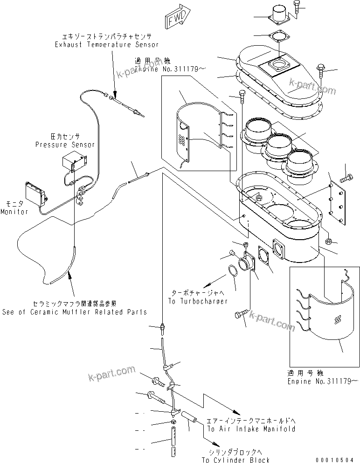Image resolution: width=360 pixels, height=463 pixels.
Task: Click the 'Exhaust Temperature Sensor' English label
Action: tap(107, 45)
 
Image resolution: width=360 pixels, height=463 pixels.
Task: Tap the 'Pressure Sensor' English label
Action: tap(65, 145)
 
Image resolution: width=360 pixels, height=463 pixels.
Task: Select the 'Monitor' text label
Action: tap(14, 212)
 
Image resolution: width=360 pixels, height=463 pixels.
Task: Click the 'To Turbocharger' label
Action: tap(198, 301)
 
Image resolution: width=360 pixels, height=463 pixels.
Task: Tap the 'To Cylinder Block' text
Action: tap(235, 460)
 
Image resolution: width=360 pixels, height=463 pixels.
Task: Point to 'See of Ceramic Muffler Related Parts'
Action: tap(74, 312)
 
